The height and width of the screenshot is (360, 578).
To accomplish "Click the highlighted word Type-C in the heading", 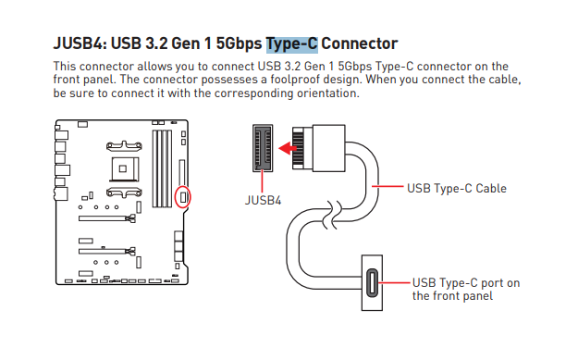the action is (x=292, y=43).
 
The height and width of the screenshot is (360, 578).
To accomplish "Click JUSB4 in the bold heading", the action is (x=80, y=43).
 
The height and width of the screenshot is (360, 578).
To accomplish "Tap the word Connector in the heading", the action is (x=360, y=43).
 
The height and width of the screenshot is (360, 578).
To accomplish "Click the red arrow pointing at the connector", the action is (x=288, y=149).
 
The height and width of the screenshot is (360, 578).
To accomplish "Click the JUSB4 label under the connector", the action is (x=263, y=201).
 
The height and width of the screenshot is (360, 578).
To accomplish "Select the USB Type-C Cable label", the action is (x=457, y=189).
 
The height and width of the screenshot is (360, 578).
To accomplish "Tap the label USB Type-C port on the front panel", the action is (x=466, y=289).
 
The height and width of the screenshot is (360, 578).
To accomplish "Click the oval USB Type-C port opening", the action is (x=372, y=283).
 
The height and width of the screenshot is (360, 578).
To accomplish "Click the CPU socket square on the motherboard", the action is (x=124, y=169).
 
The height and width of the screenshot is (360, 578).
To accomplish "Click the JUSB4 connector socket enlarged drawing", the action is (x=263, y=148).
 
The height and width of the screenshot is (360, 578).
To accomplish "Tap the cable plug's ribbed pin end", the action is (x=298, y=148).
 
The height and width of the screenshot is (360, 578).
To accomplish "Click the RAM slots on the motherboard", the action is (x=162, y=168).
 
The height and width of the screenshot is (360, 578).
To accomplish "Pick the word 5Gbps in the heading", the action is (x=239, y=43).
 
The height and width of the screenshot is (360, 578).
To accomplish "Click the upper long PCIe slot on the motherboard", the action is (x=107, y=218).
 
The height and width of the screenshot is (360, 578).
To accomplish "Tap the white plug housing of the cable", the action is (x=329, y=148).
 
